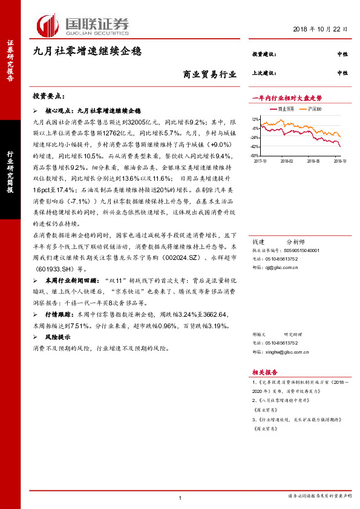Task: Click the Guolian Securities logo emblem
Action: (x=48, y=25)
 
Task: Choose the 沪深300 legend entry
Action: (x=314, y=109)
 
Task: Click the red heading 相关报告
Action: (x=264, y=372)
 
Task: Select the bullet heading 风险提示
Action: (x=58, y=339)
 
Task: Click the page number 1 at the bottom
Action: (x=180, y=497)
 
